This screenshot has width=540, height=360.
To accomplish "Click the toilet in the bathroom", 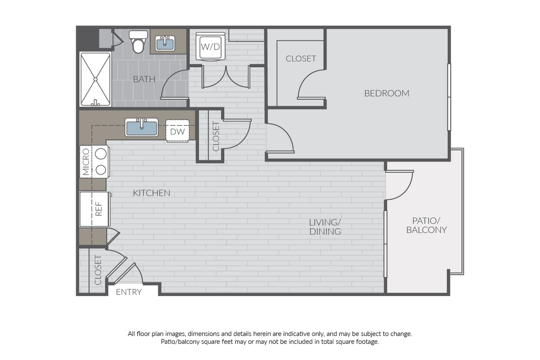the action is (138, 42).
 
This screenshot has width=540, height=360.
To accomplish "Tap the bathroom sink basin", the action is (165, 44).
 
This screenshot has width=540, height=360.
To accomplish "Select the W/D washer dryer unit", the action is (210, 46).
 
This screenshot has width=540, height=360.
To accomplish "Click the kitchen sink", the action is (142, 127).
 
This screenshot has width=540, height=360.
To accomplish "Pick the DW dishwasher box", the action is (177, 131).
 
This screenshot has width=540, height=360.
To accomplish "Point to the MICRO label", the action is (86, 161).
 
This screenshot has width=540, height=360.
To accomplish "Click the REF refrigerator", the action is (94, 209).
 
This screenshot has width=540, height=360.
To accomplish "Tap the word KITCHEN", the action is (152, 193).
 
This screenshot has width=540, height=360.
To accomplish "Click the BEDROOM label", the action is (387, 93).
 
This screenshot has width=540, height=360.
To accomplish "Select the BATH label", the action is (144, 79).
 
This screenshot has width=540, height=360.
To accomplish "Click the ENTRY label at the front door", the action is (129, 292).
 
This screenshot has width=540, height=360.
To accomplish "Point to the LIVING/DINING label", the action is (325, 227).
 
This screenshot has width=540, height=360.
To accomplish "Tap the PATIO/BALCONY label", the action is (426, 225).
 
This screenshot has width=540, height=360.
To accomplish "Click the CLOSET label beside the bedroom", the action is (300, 59).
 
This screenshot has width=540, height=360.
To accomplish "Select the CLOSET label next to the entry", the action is (98, 270).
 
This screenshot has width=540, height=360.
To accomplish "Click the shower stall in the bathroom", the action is (95, 79).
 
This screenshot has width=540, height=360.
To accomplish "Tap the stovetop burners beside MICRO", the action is (101, 161).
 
